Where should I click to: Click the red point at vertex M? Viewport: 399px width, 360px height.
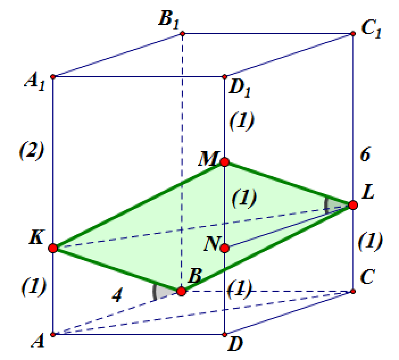pos(225,162)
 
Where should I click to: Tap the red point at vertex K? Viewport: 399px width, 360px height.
pos(53,248)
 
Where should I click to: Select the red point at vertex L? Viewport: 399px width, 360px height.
pos(353,205)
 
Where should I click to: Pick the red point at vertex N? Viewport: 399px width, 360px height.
pos(225,248)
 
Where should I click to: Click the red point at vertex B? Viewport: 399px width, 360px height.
pos(181,291)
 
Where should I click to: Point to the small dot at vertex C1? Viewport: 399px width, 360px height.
pos(353,34)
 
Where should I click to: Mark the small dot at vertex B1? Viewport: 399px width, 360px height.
pos(182,34)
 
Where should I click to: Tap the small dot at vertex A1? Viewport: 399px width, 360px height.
pos(53,77)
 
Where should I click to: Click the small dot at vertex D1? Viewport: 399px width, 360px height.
pos(225,77)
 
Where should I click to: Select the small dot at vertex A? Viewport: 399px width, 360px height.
pos(53,334)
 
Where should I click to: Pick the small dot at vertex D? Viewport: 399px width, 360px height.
pos(225,334)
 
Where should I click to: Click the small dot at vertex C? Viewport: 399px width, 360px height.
pos(353,291)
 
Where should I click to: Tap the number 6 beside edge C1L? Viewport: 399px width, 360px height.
pos(365,154)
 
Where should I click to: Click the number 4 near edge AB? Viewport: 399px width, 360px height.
pos(117,295)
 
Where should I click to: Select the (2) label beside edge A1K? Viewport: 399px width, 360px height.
pos(32,151)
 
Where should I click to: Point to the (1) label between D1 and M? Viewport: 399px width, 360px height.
pos(242,120)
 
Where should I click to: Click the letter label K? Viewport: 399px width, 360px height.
pos(36,237)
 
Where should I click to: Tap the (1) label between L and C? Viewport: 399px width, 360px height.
pos(370,241)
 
